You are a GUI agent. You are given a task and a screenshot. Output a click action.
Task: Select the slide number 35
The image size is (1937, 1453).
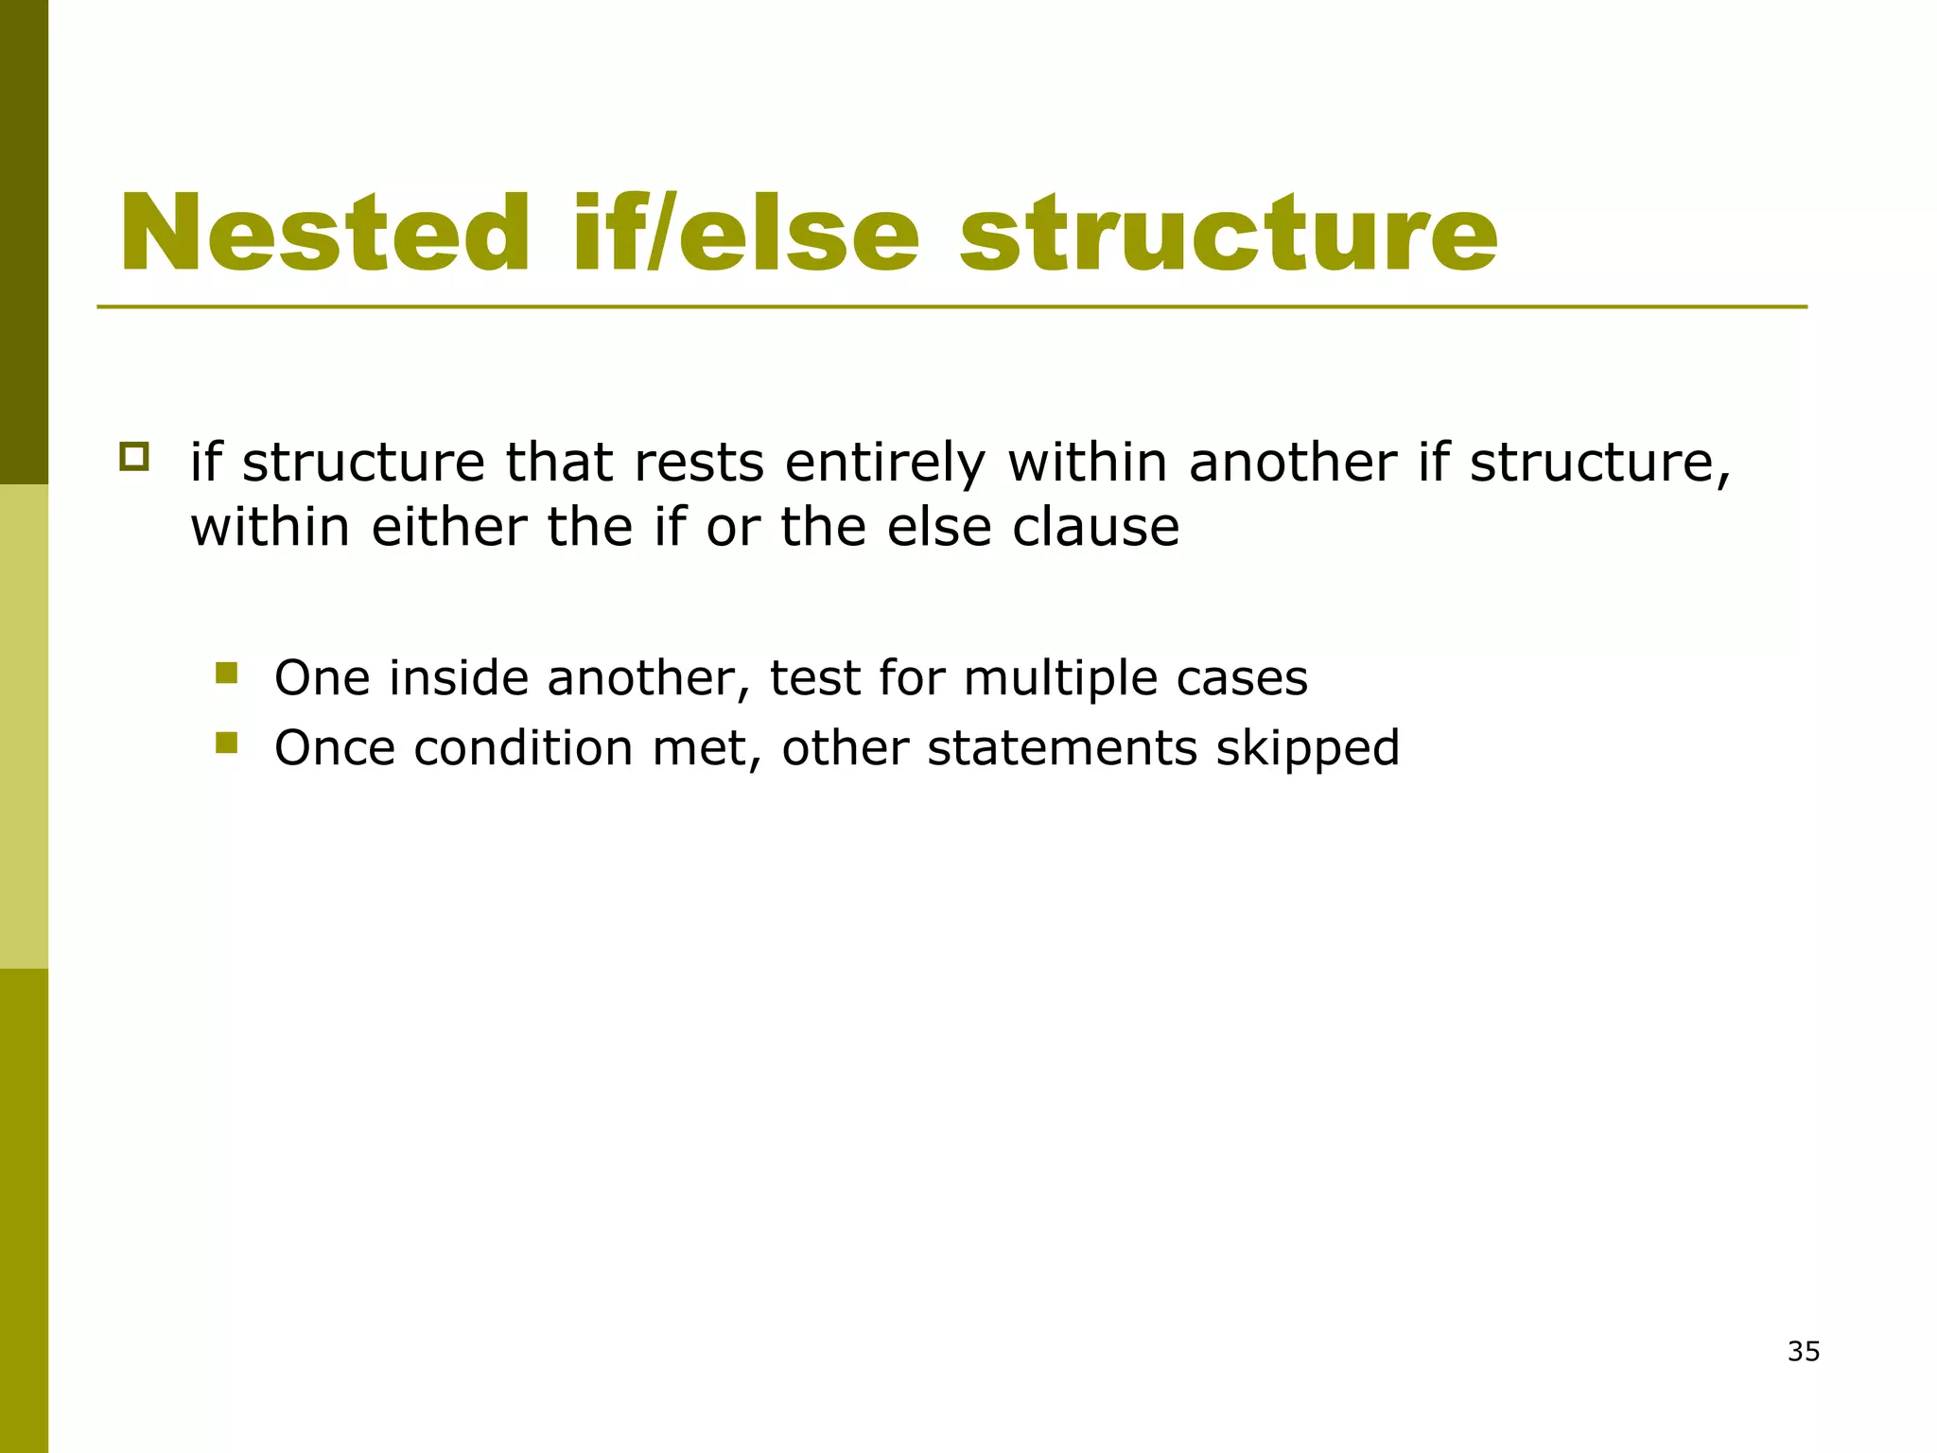(1804, 1352)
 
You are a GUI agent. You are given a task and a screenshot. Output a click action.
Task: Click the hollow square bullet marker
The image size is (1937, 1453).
(134, 458)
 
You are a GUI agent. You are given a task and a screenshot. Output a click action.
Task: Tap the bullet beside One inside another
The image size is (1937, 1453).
(226, 674)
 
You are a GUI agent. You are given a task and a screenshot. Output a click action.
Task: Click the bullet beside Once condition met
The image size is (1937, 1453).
(226, 744)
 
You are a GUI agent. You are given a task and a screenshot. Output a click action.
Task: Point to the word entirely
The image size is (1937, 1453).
(884, 464)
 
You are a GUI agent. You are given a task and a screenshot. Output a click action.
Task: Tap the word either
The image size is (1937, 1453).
(449, 527)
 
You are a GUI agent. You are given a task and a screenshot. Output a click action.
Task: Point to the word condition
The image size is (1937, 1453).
(524, 748)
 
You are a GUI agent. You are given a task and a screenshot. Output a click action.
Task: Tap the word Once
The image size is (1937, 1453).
(334, 748)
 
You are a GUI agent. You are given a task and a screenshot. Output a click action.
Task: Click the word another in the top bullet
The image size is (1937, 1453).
(1292, 464)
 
